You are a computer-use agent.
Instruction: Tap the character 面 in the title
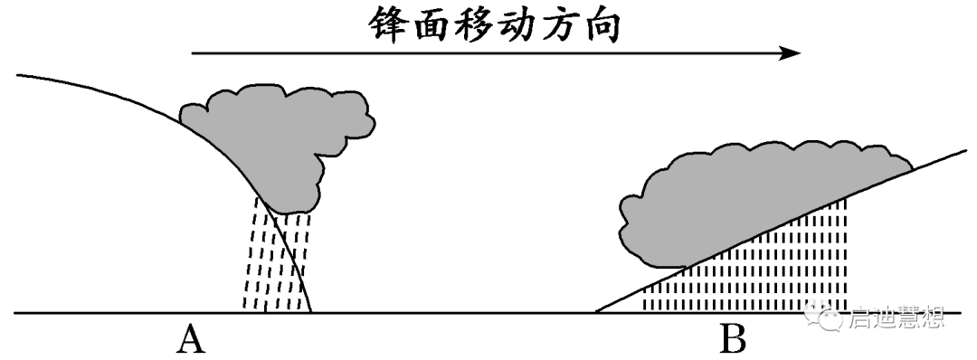click(x=437, y=24)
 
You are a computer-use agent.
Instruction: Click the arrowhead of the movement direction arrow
click(x=792, y=53)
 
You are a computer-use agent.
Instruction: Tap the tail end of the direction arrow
click(x=194, y=53)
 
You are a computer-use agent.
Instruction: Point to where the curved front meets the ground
click(x=312, y=312)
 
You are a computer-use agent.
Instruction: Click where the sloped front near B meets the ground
click(x=596, y=312)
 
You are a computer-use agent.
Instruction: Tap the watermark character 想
click(x=933, y=317)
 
